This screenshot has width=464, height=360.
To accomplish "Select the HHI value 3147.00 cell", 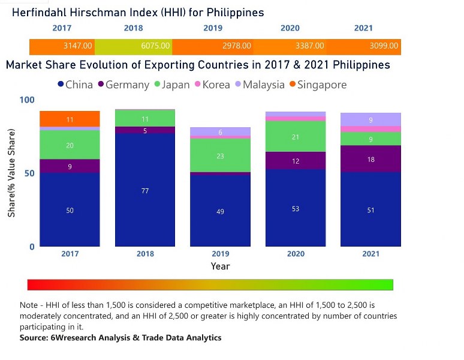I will (78, 46).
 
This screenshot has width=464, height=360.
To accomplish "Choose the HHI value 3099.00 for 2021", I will (384, 46).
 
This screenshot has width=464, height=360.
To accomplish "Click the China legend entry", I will (75, 85).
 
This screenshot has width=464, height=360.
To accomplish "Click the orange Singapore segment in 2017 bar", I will (70, 119).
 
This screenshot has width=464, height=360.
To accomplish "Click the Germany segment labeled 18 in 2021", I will (371, 159).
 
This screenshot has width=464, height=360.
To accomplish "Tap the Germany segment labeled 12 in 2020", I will (296, 161).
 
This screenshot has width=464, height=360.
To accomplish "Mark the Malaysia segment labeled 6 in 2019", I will (221, 131).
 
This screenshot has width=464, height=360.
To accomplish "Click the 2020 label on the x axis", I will (296, 254).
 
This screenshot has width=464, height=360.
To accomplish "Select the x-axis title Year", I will (220, 266).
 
